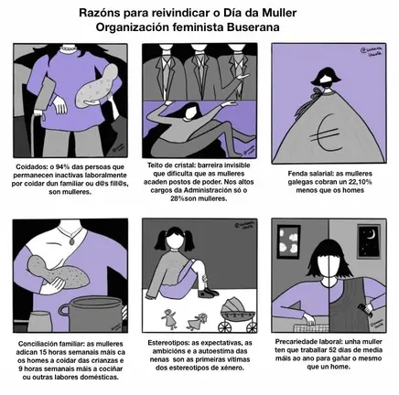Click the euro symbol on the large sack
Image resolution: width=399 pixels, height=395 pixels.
click(328, 135)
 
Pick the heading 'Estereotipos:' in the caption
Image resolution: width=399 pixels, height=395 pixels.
click(167, 342)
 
